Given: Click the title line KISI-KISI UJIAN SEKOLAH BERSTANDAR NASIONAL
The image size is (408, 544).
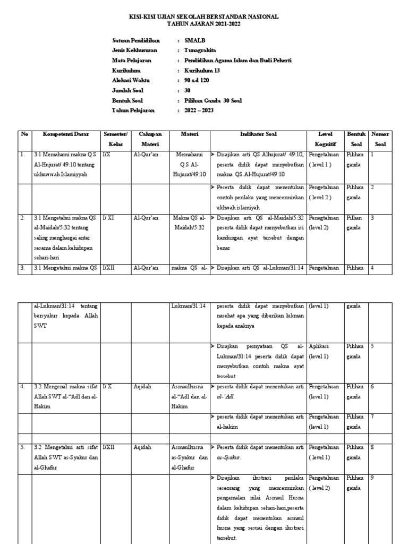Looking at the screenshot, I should (204, 17).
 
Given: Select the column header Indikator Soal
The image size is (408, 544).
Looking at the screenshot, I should (258, 134).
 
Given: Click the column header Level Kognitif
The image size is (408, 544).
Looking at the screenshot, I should (325, 139).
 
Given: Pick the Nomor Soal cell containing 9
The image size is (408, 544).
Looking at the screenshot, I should (372, 478).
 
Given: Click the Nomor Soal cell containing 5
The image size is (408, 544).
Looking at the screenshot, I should (372, 346).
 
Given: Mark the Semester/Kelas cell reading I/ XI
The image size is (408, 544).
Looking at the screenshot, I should (109, 218).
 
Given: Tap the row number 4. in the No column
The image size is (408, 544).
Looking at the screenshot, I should (23, 386).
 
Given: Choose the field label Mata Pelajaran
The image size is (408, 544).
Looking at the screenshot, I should (131, 61).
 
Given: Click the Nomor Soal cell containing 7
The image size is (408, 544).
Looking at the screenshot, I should (372, 416).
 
